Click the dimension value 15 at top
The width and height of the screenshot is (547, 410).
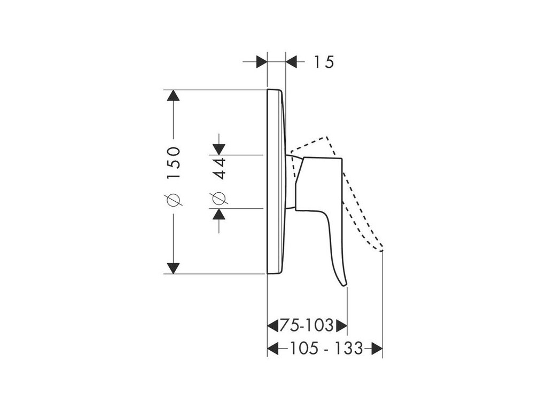pos(324,62)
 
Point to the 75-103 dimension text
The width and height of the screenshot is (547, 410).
pos(308,325)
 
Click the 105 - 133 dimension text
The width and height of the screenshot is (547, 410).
pos(325,349)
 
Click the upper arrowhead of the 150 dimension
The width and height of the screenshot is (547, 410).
pos(173,96)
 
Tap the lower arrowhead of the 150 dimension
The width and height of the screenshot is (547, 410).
pos(173,267)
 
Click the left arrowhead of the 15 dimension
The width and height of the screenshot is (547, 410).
pos(262,61)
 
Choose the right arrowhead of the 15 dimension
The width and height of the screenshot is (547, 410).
pos(292,61)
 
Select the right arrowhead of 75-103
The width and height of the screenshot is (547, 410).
pos(342,325)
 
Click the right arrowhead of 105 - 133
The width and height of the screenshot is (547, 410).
pos(378,349)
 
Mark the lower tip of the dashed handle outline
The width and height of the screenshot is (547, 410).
pos(382,249)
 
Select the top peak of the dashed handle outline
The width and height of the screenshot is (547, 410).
pos(325,138)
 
